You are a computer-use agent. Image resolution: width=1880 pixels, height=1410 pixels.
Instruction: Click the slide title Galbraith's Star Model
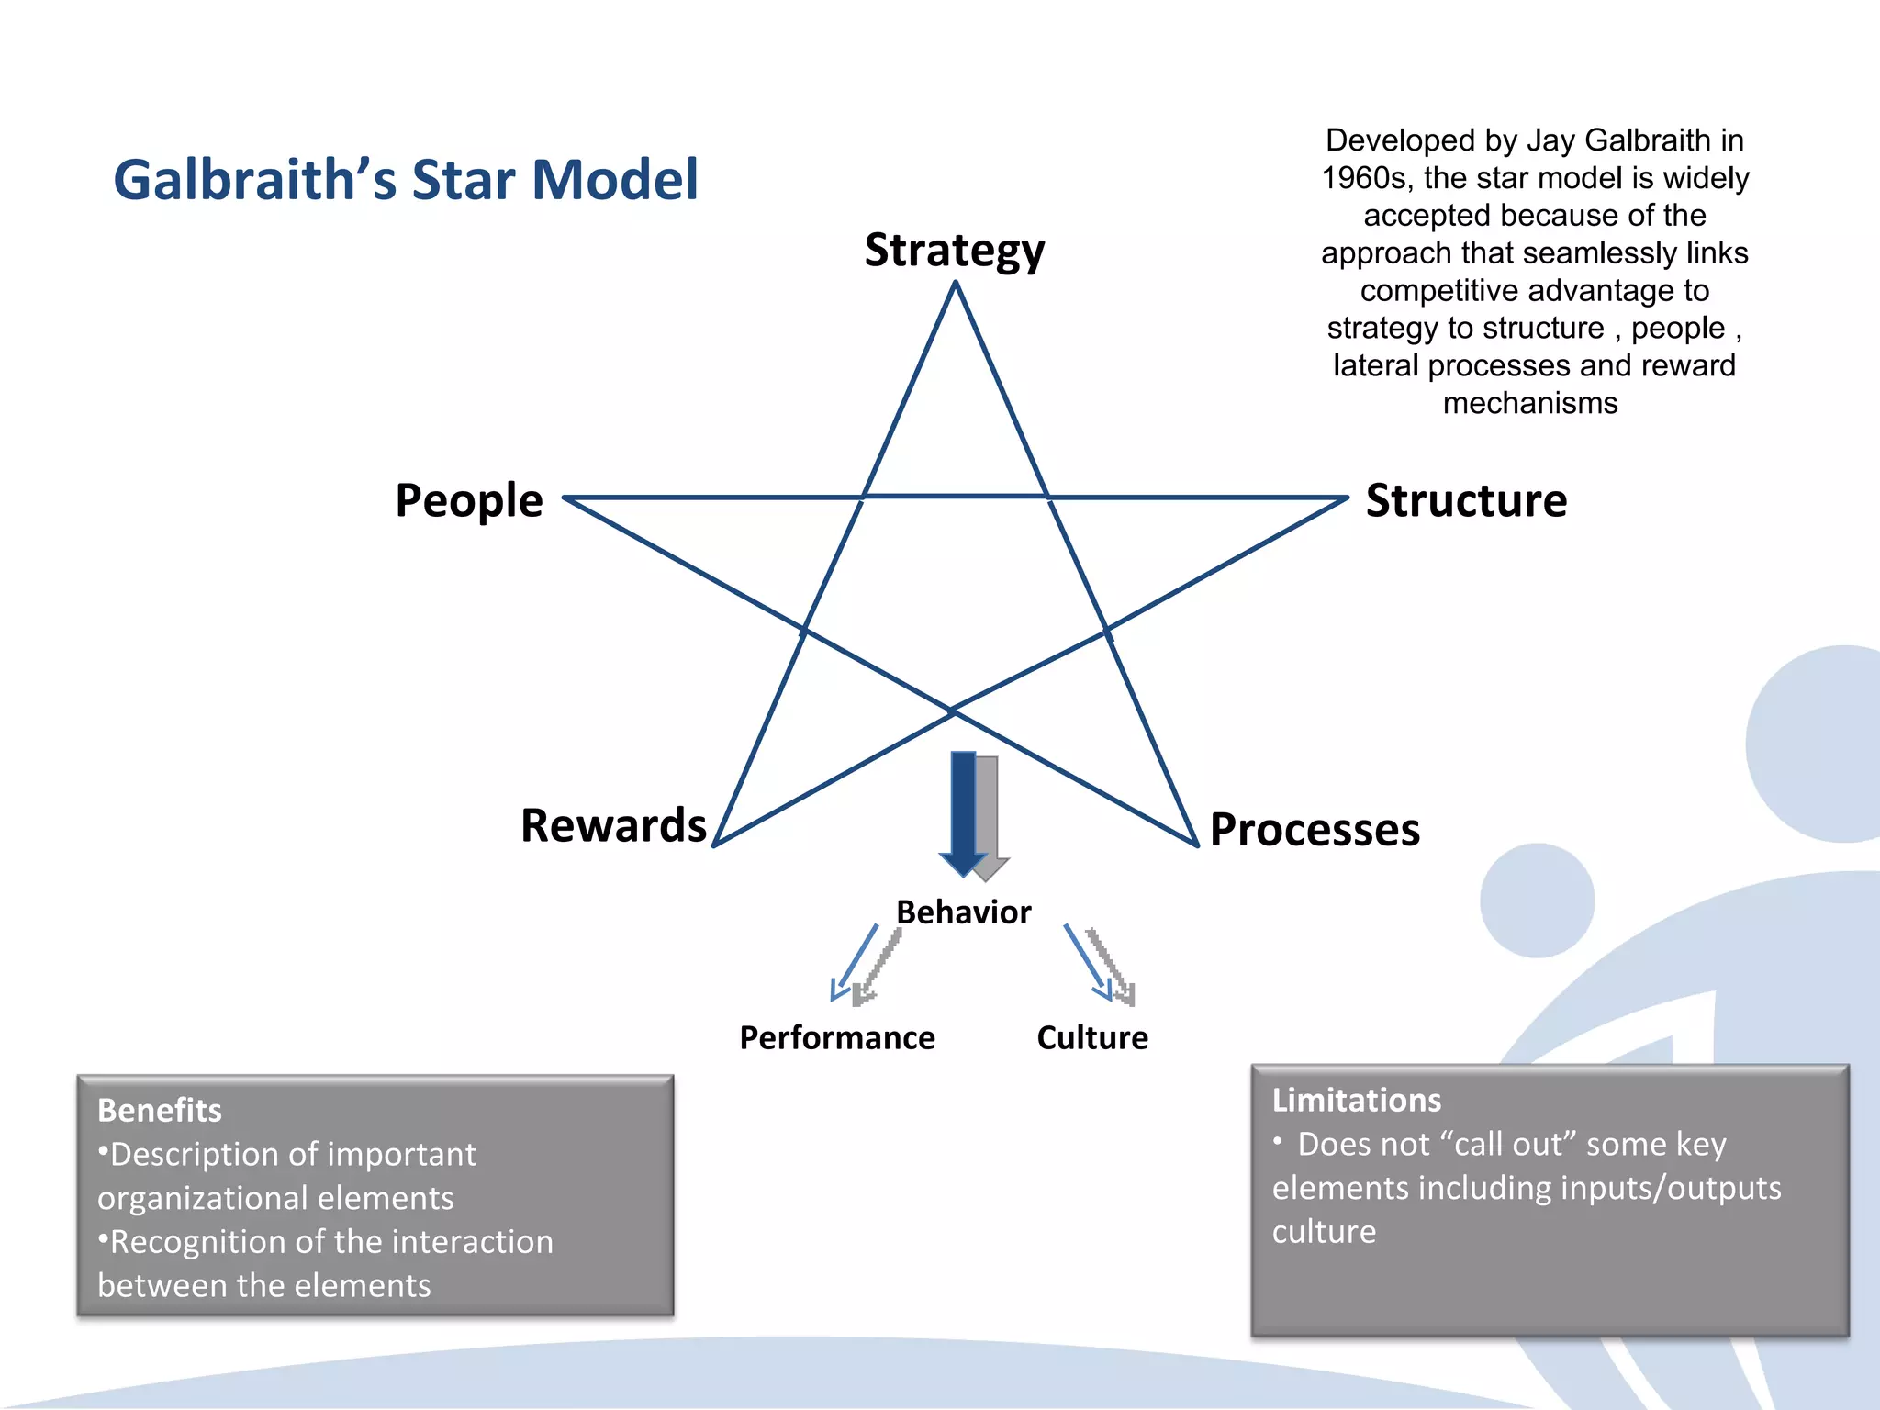tap(405, 179)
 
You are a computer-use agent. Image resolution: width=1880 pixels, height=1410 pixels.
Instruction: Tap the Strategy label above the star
tap(954, 251)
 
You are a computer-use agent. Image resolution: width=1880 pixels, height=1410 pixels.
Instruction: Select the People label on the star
tap(468, 501)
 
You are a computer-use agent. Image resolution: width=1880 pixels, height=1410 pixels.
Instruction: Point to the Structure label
tap(1466, 501)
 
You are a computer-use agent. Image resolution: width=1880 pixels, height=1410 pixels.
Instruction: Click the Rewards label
tap(613, 825)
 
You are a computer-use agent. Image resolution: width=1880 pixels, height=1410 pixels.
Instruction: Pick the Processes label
tap(1315, 830)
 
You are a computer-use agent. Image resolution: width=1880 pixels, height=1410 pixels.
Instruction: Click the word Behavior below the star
tap(963, 912)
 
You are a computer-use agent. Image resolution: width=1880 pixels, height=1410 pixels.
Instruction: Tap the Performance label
tap(837, 1038)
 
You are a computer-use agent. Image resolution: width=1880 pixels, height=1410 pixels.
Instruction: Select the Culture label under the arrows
tap(1092, 1038)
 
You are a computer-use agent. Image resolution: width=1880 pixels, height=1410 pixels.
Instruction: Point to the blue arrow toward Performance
tap(854, 962)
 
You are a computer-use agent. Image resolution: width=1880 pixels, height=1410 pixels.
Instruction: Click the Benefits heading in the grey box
tap(160, 1111)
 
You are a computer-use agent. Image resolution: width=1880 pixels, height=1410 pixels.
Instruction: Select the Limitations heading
tap(1356, 1101)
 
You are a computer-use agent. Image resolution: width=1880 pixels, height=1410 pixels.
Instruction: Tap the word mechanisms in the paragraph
tap(1530, 403)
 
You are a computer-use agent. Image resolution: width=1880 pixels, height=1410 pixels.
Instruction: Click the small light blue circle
tap(1537, 901)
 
